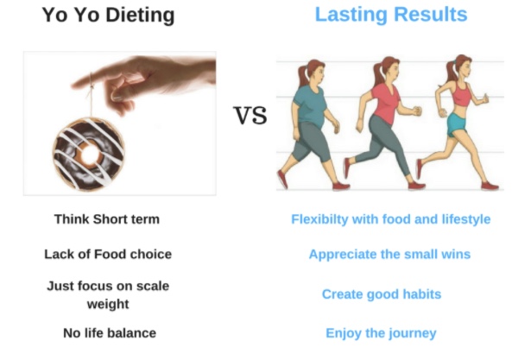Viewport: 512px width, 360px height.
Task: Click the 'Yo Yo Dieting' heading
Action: tap(108, 16)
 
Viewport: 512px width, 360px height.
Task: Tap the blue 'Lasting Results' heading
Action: tap(391, 15)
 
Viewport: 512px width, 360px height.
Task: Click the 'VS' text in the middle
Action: tap(250, 116)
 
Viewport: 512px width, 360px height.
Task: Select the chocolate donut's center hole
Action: tap(90, 155)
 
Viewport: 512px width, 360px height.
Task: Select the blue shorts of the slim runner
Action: tap(458, 124)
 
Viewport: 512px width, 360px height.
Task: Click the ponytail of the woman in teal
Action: tap(302, 76)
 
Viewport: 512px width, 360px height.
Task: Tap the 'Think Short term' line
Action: tap(107, 219)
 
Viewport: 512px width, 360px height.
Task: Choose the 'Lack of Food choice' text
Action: tap(108, 255)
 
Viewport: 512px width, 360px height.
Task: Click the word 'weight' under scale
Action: tap(108, 304)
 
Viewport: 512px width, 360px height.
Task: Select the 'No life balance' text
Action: tap(110, 333)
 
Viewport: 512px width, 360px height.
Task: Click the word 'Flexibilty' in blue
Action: tap(319, 219)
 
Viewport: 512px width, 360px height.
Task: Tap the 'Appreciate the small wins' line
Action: tap(389, 255)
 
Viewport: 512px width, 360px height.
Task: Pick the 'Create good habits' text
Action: tap(382, 294)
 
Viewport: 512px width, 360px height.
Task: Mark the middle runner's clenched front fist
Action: tap(417, 111)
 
